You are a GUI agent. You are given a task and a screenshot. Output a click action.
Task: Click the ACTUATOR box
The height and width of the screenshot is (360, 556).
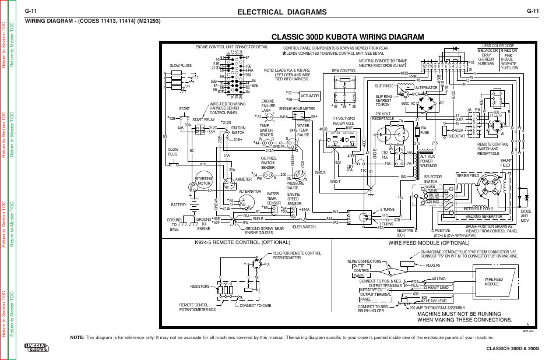pos(308,96)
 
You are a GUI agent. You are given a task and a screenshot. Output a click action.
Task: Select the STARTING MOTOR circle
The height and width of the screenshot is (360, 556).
pos(203,182)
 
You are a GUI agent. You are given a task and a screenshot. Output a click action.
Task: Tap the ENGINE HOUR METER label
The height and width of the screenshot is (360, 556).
pos(297,109)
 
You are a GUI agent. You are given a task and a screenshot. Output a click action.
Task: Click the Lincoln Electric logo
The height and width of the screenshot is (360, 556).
pos(37,347)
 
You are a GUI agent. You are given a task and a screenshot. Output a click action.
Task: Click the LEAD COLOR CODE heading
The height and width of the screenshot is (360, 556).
pos(498,45)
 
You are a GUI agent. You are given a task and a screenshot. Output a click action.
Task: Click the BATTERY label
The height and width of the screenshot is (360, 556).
pos(178,204)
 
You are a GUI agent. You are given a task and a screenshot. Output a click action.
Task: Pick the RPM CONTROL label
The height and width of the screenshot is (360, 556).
pos(344,70)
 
